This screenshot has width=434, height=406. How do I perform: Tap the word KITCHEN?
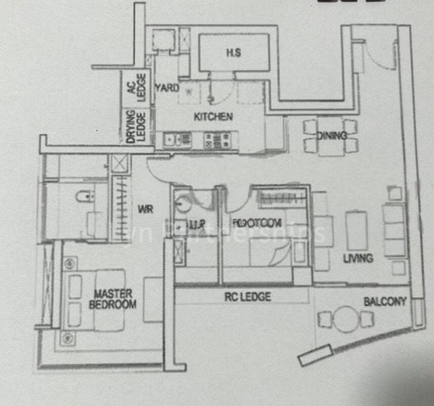pyautogui.click(x=213, y=117)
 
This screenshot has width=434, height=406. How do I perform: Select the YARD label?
pyautogui.click(x=168, y=88)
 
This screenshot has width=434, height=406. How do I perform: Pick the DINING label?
pyautogui.click(x=331, y=135)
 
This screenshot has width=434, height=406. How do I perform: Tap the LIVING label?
pyautogui.click(x=358, y=258)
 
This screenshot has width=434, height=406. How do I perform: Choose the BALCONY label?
pyautogui.click(x=385, y=302)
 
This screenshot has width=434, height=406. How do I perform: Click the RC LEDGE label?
pyautogui.click(x=247, y=296)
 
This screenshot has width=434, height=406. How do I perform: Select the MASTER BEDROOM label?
pyautogui.click(x=112, y=300)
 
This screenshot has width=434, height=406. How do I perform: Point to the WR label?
pyautogui.click(x=145, y=210)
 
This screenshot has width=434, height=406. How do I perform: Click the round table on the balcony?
pyautogui.click(x=345, y=319)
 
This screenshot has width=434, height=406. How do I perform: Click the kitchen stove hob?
pyautogui.click(x=216, y=140)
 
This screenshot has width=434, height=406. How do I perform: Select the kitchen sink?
pyautogui.click(x=177, y=140)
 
